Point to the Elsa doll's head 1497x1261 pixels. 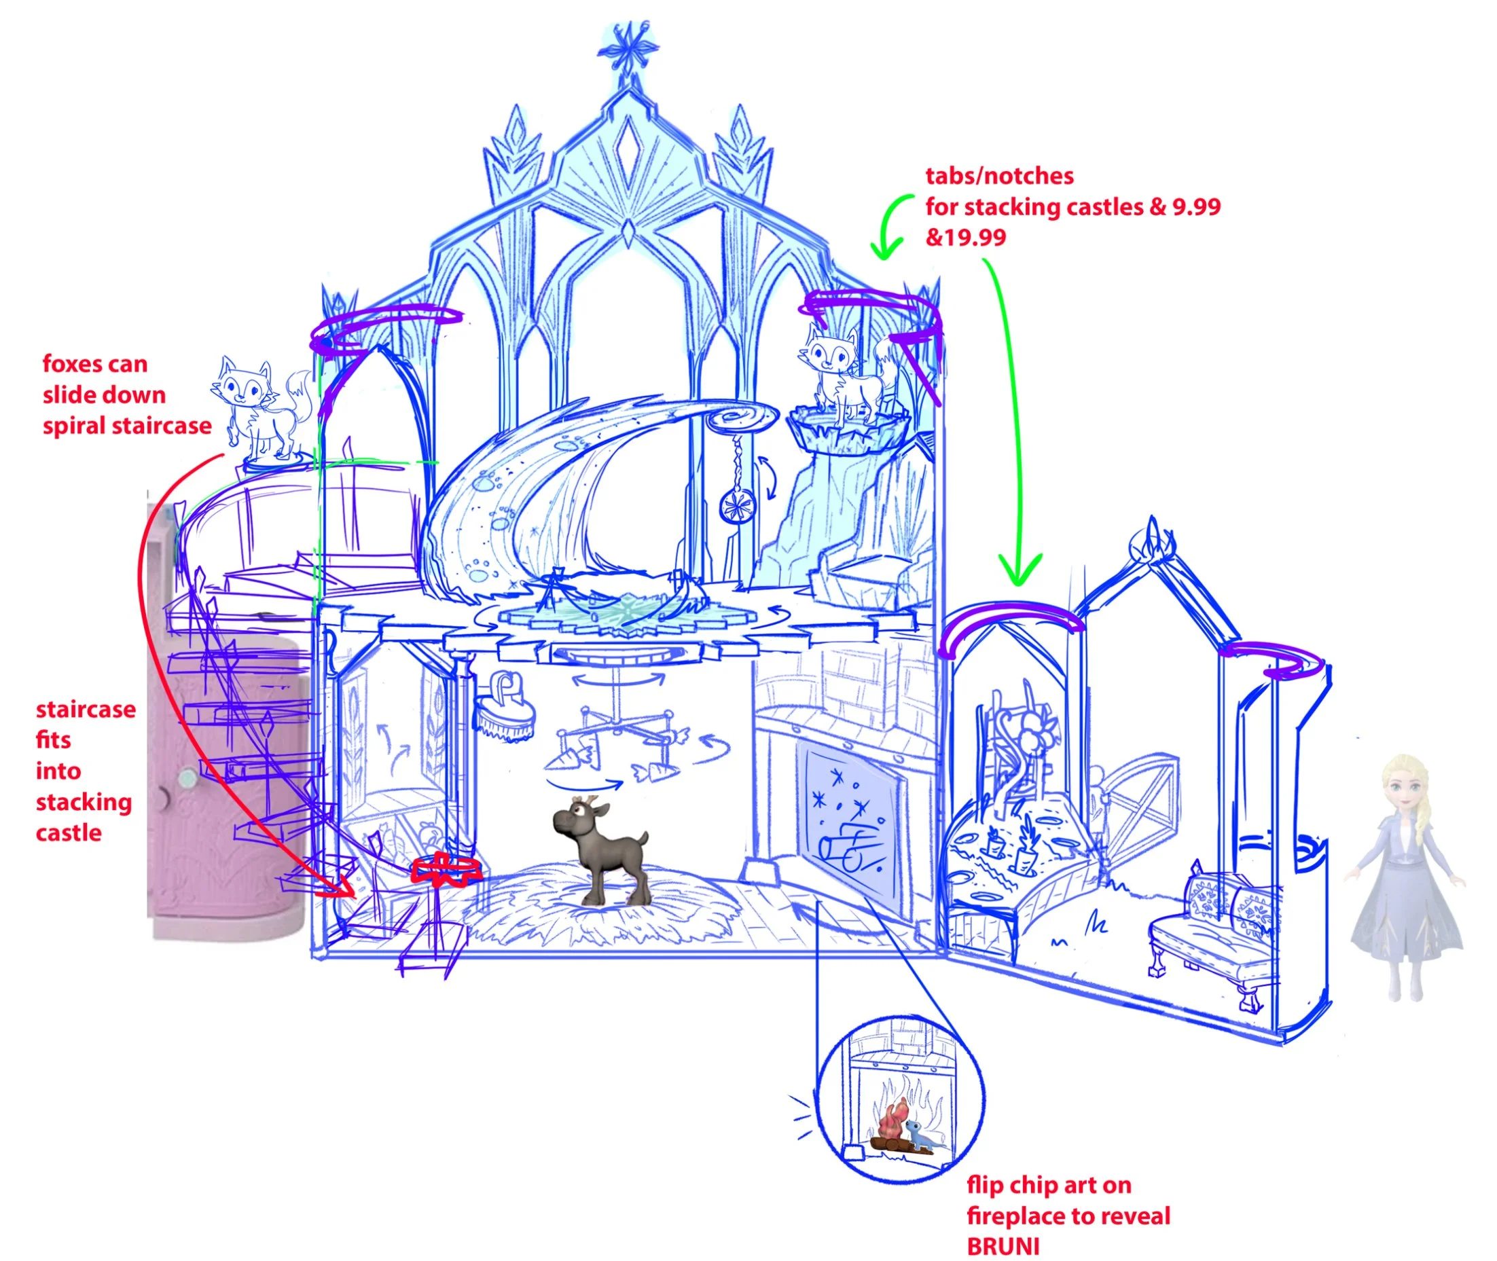[1403, 786]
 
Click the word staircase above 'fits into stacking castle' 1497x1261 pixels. [86, 709]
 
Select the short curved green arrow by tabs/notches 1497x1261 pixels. [889, 226]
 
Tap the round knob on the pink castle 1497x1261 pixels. [187, 775]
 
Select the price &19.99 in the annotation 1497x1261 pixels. [965, 238]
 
